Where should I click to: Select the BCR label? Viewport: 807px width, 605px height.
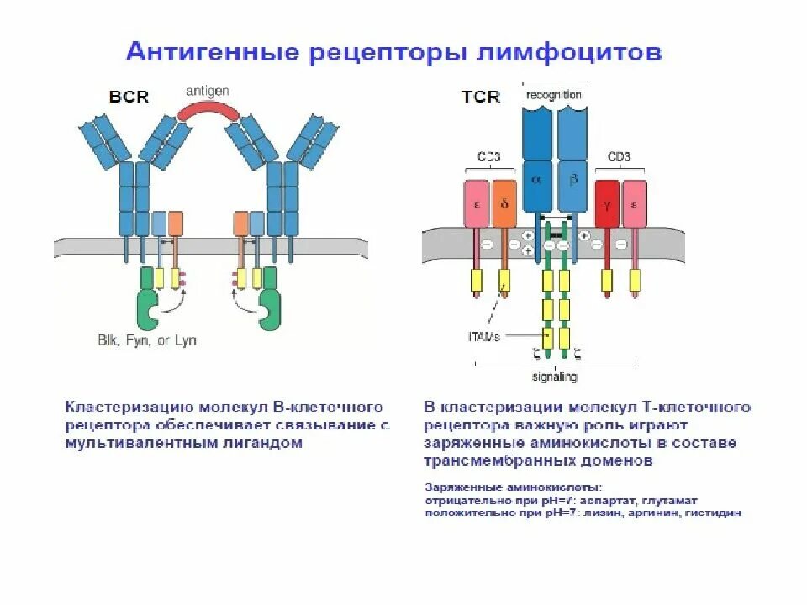point(129,97)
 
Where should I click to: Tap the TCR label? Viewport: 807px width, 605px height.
point(481,97)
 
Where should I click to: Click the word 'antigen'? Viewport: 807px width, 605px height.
point(208,91)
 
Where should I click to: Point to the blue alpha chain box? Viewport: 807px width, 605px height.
point(537,168)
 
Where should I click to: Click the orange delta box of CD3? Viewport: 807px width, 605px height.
point(504,203)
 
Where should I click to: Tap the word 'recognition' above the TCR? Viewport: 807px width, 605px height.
point(553,95)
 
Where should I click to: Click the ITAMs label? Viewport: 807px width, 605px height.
point(484,336)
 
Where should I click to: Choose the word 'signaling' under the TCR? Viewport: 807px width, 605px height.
point(553,377)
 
